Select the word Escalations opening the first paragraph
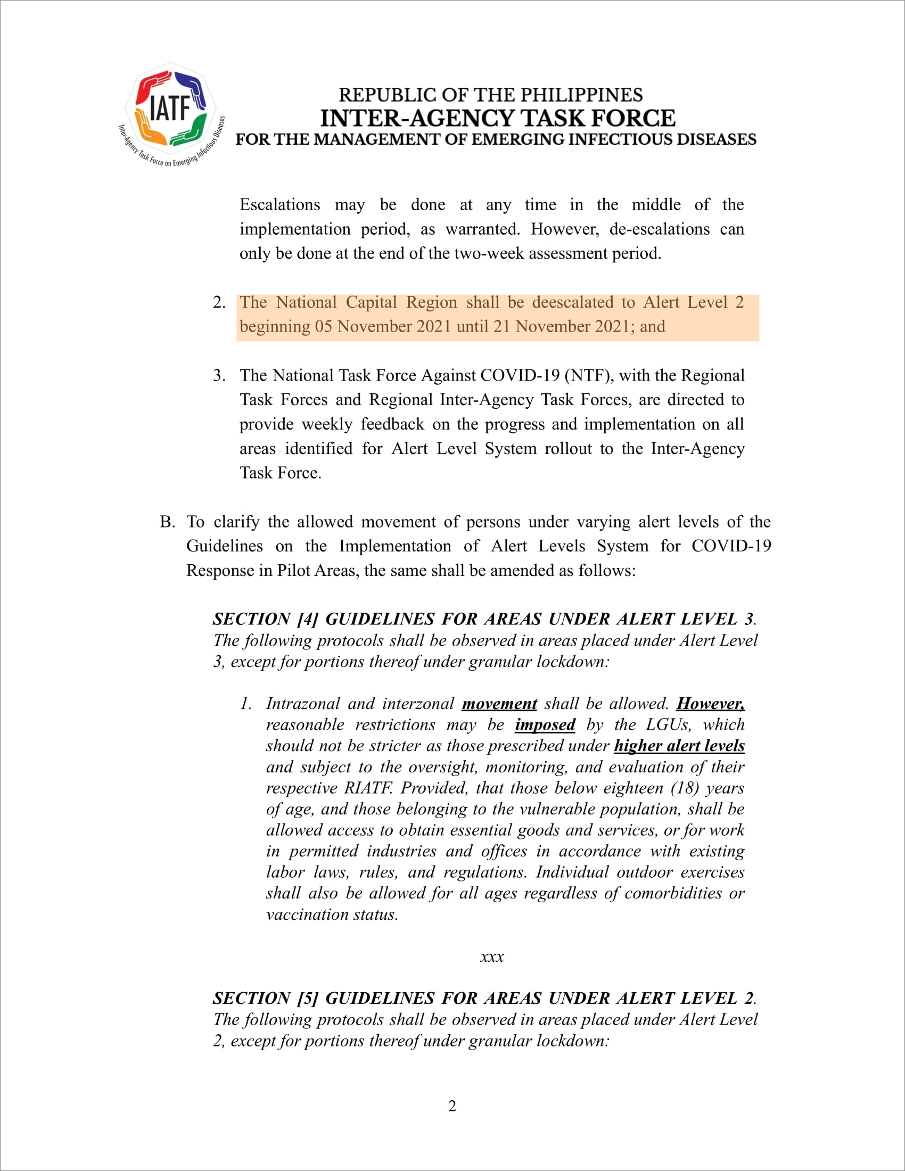pyautogui.click(x=280, y=205)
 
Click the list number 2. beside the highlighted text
pyautogui.click(x=219, y=302)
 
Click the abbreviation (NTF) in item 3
pyautogui.click(x=588, y=375)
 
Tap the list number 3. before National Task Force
pyautogui.click(x=219, y=375)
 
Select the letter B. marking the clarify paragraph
pyautogui.click(x=167, y=522)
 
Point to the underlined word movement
pyautogui.click(x=499, y=704)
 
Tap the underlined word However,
pyautogui.click(x=710, y=704)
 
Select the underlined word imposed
pyautogui.click(x=545, y=725)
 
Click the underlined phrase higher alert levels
pyautogui.click(x=679, y=746)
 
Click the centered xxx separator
pyautogui.click(x=492, y=956)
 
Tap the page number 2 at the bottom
pyautogui.click(x=452, y=1106)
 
